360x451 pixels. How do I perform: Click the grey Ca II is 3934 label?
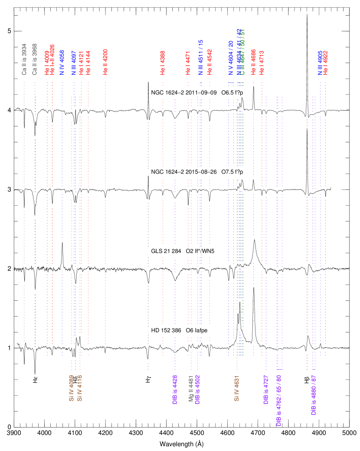tap(24, 59)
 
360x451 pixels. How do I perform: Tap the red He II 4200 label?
tap(105, 62)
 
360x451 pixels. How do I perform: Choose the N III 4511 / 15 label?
tap(200, 58)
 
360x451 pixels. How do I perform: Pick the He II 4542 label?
tap(209, 62)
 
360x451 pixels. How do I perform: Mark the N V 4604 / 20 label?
tap(231, 58)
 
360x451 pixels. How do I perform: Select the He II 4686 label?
tap(253, 63)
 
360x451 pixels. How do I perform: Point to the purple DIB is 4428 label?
tap(175, 389)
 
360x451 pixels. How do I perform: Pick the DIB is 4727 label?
tap(266, 389)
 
